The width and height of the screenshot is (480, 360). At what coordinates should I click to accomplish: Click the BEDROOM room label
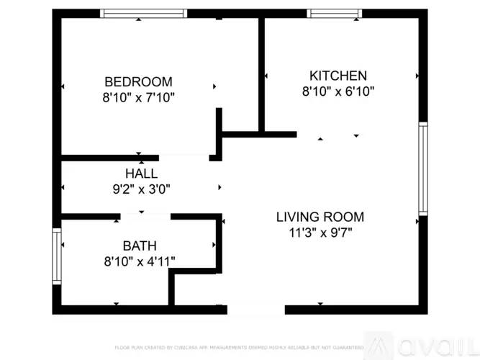(138, 81)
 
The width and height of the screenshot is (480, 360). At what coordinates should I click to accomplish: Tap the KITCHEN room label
(338, 76)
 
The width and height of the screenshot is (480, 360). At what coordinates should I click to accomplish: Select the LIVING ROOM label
(320, 217)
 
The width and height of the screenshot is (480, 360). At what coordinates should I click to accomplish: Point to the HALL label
(141, 174)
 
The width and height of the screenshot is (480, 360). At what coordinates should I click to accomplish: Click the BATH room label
(139, 246)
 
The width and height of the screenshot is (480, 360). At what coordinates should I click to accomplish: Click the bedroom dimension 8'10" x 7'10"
(138, 96)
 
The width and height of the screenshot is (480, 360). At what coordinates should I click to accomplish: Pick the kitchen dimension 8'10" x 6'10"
(338, 91)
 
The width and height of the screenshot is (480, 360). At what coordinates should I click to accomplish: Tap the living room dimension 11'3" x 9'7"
(320, 232)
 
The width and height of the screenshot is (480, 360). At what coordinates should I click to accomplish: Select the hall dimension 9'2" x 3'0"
(141, 189)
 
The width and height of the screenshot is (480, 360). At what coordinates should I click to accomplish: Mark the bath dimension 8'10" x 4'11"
(139, 261)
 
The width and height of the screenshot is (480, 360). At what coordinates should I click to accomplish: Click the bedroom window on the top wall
(143, 13)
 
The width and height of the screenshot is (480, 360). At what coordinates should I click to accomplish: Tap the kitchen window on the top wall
(335, 13)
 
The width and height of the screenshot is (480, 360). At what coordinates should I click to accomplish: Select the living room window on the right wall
(423, 168)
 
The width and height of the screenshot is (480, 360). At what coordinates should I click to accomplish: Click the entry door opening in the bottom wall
(256, 310)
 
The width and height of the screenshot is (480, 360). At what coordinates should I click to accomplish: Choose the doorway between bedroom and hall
(184, 157)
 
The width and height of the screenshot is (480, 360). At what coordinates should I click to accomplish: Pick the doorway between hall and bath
(145, 215)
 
